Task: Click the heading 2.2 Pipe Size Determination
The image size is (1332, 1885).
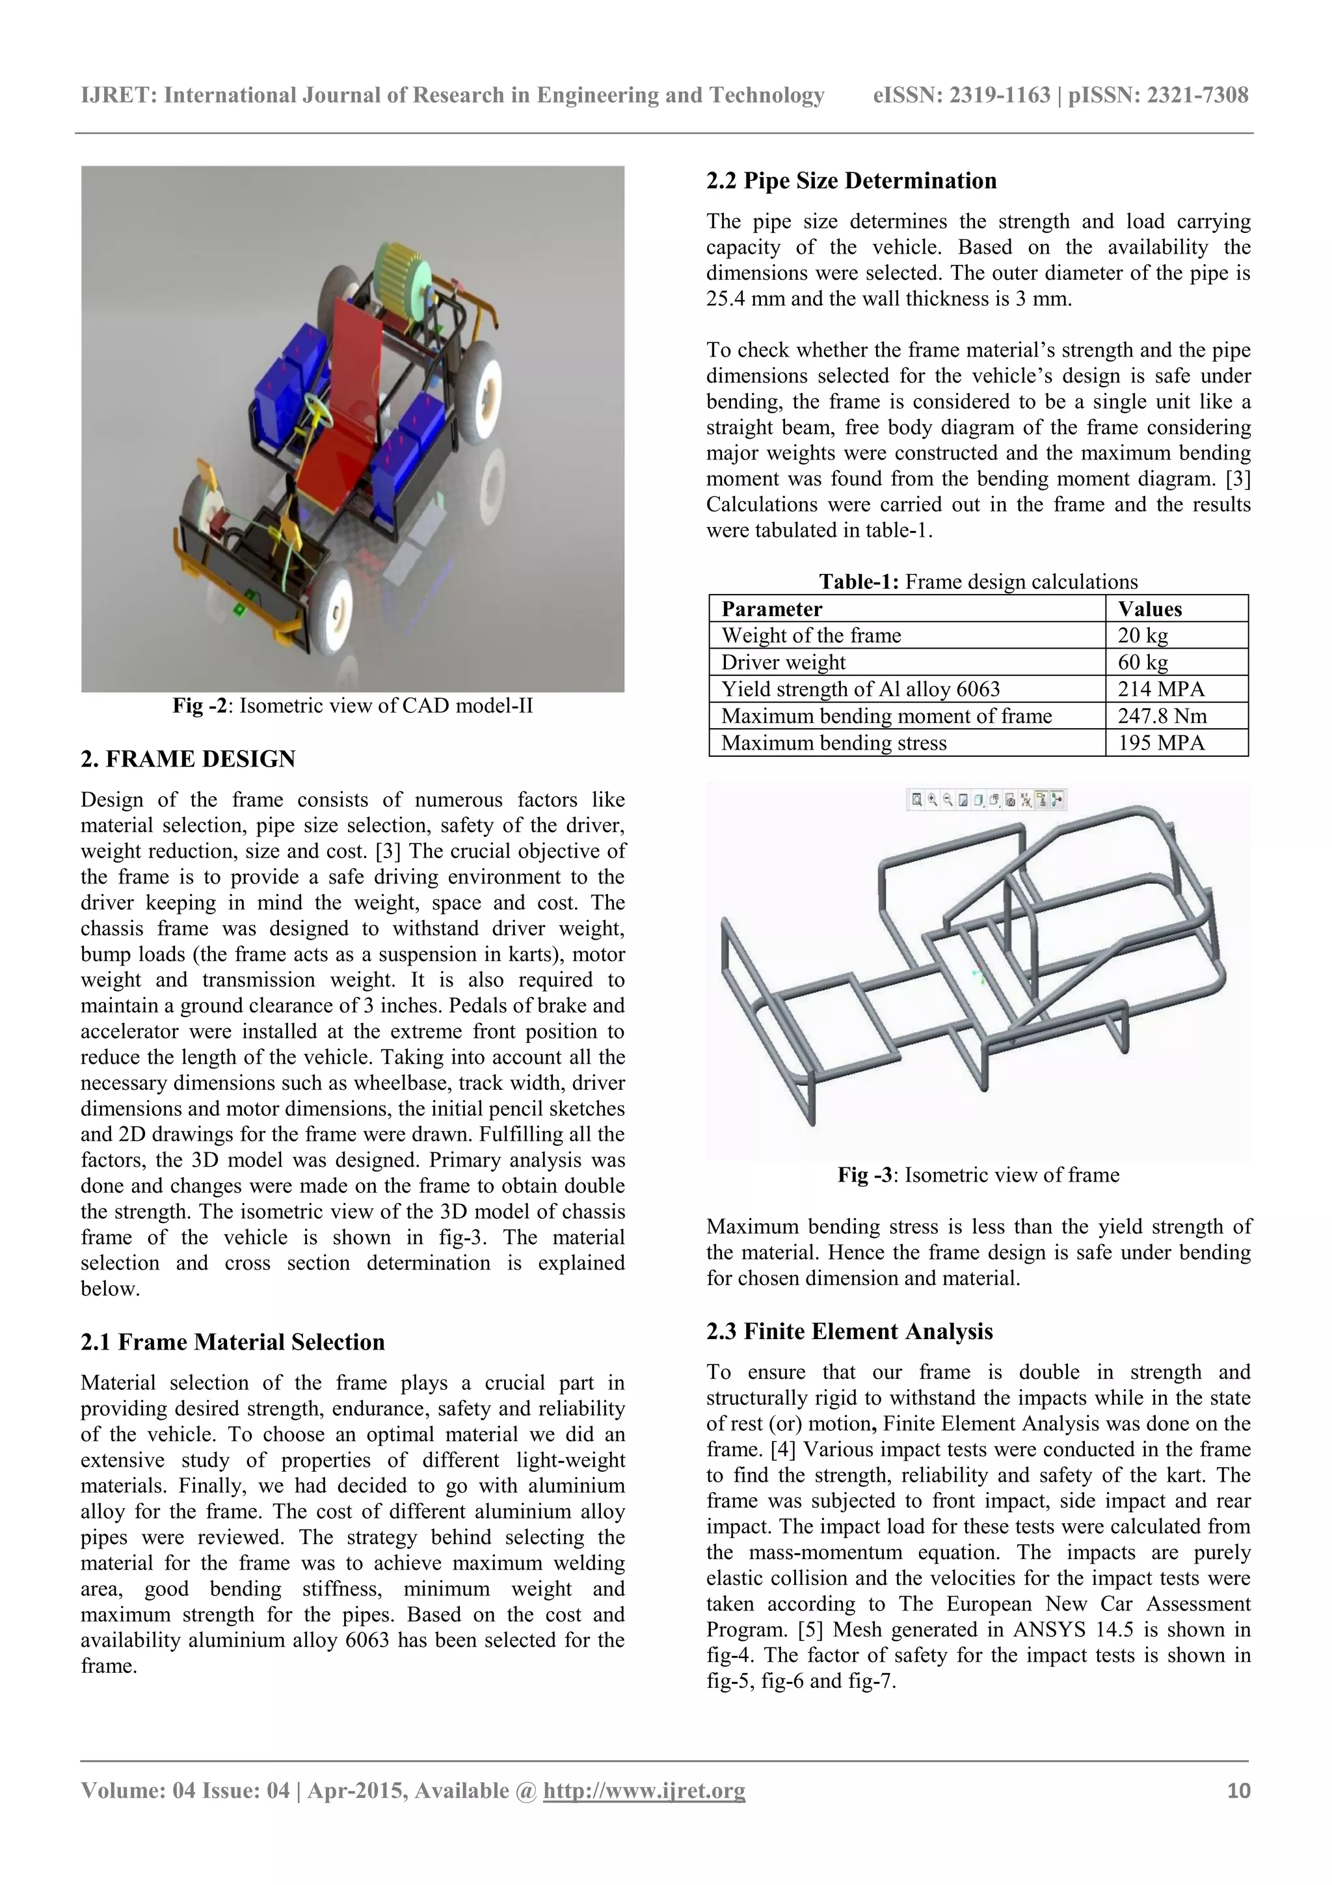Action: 851,181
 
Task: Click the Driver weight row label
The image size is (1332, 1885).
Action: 783,662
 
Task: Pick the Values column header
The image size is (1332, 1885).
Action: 1149,609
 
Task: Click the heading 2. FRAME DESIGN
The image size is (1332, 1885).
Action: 188,759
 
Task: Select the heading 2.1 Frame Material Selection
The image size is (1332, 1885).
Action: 232,1342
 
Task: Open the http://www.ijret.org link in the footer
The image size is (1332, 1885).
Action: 645,1791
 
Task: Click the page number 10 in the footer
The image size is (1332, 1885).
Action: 1238,1791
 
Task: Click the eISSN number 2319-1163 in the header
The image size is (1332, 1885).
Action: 999,95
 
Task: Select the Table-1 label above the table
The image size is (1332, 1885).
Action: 859,582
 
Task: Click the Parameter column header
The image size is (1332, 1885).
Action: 771,609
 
